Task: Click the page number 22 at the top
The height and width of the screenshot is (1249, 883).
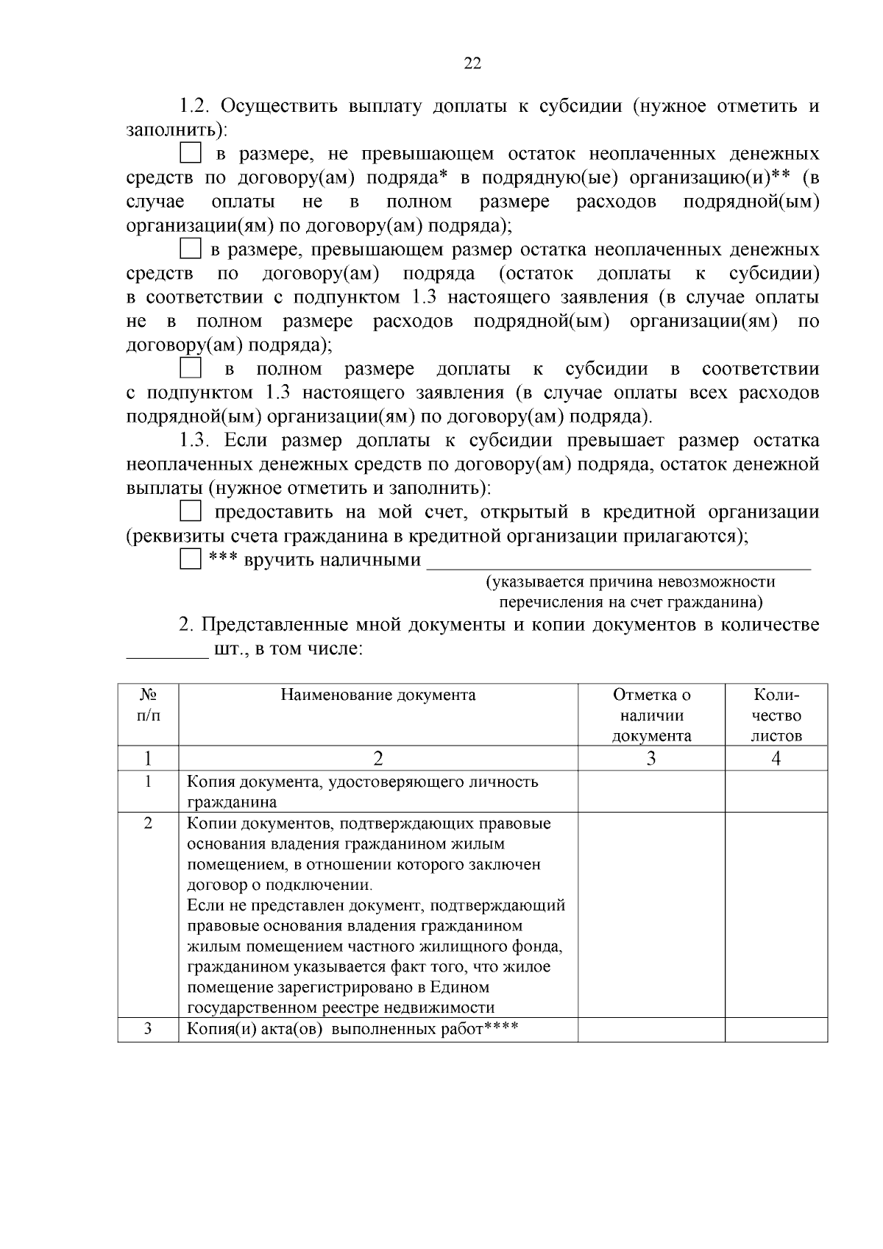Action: pyautogui.click(x=472, y=64)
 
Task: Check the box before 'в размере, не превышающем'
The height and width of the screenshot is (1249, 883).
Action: pyautogui.click(x=191, y=153)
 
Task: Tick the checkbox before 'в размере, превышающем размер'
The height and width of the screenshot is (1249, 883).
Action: pyautogui.click(x=191, y=249)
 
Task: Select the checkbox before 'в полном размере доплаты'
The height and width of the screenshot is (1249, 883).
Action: pyautogui.click(x=191, y=367)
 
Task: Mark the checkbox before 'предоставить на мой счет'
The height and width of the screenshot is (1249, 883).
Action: pyautogui.click(x=191, y=511)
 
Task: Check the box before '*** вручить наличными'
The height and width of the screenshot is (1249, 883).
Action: pyautogui.click(x=191, y=559)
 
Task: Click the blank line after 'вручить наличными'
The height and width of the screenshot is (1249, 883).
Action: pyautogui.click(x=618, y=564)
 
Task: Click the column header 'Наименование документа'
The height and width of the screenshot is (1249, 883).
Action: pyautogui.click(x=378, y=696)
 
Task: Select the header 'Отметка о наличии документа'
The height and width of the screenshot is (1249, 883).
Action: pyautogui.click(x=651, y=715)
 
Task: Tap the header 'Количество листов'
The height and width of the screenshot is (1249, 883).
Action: pyautogui.click(x=776, y=715)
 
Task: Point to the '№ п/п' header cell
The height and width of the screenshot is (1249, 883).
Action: pyautogui.click(x=148, y=705)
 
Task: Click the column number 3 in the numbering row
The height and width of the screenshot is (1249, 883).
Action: pyautogui.click(x=651, y=759)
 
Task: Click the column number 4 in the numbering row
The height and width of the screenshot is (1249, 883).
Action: pyautogui.click(x=776, y=759)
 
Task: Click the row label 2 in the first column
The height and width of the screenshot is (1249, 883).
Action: pyautogui.click(x=148, y=824)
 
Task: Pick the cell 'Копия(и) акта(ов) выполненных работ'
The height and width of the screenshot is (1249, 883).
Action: pyautogui.click(x=353, y=1029)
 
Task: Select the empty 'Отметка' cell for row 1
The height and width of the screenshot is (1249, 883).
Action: pyautogui.click(x=651, y=791)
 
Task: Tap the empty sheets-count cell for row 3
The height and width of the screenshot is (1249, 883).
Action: pyautogui.click(x=776, y=1030)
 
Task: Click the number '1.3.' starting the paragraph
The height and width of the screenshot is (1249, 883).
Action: pyautogui.click(x=196, y=441)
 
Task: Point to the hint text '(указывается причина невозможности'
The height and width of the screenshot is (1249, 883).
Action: pyautogui.click(x=631, y=582)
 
